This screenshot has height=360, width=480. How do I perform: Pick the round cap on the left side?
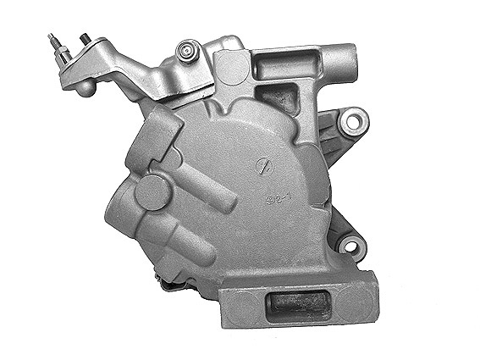[153, 191]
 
